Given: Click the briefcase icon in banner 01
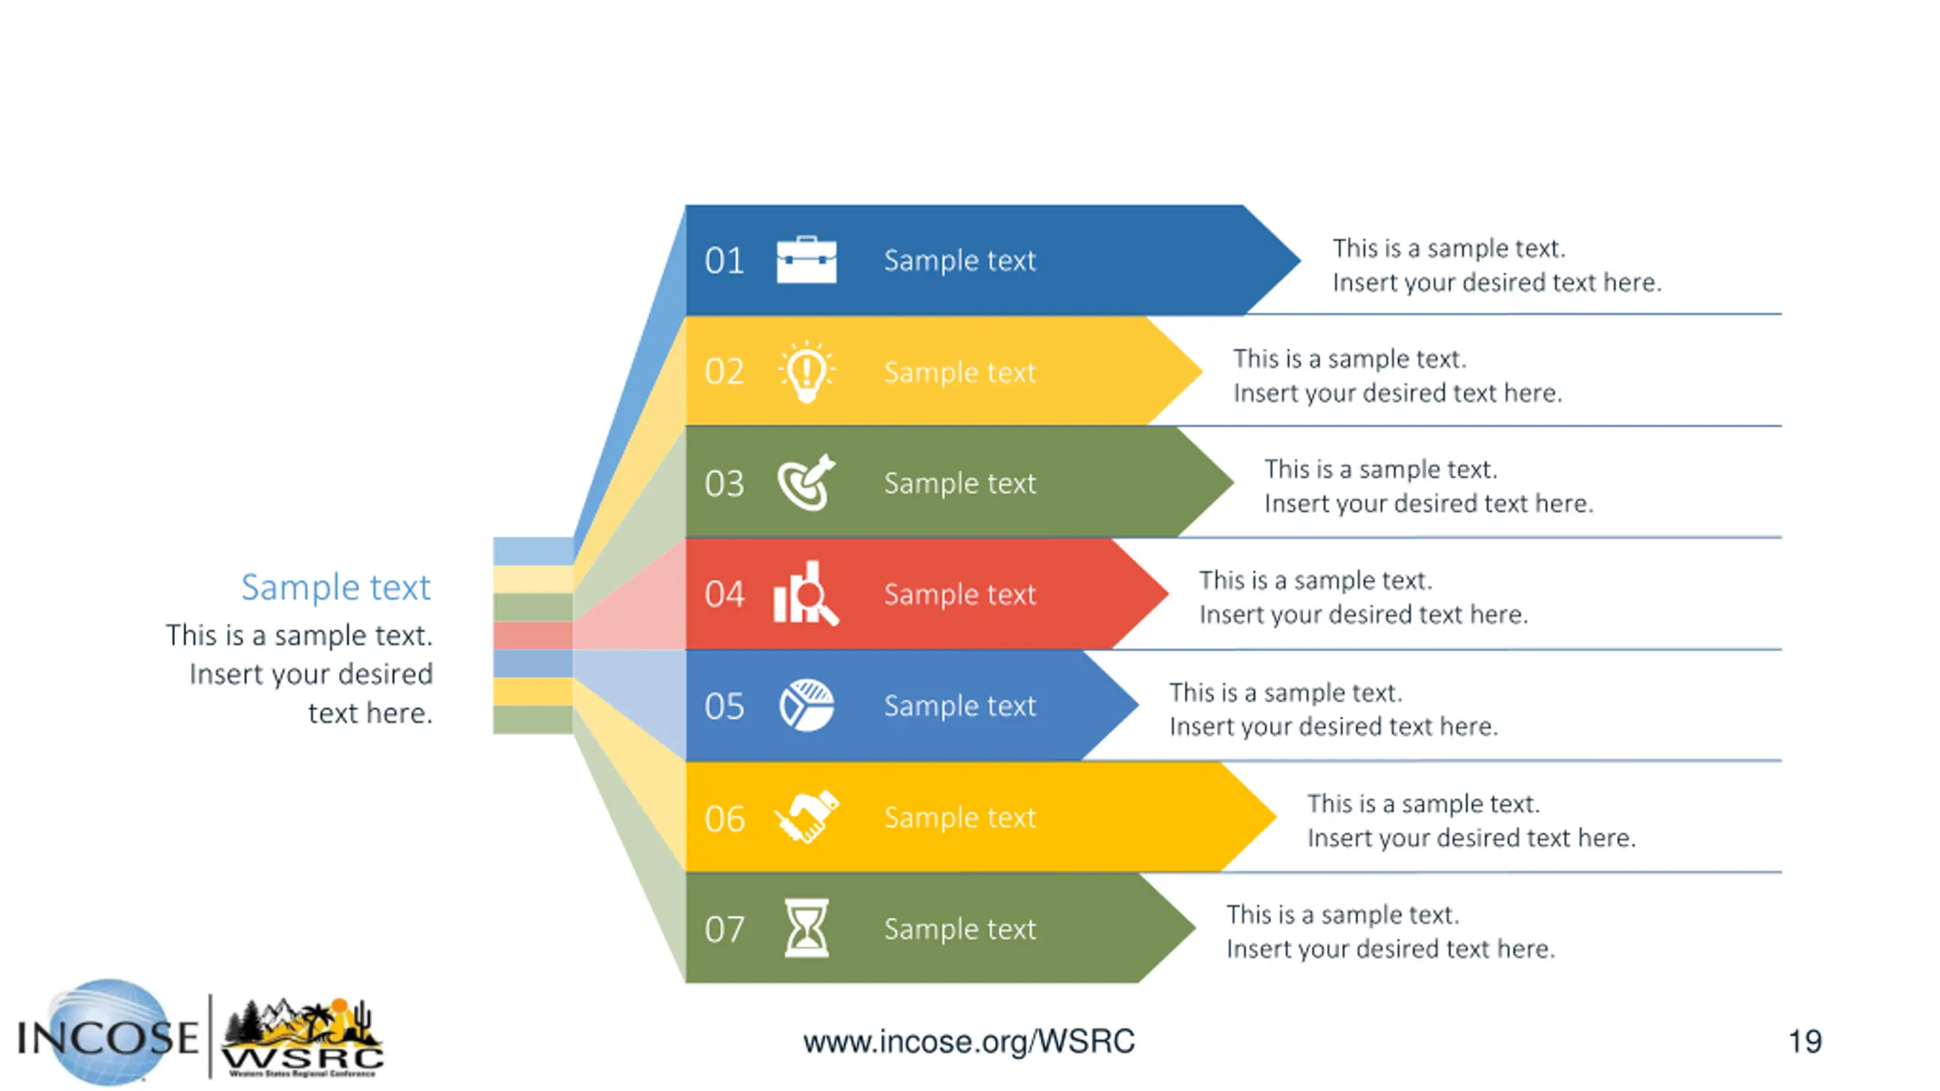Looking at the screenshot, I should click(806, 260).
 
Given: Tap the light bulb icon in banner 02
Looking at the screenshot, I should click(806, 372).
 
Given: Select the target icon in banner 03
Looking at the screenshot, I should click(806, 483).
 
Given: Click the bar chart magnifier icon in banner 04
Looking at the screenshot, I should click(806, 594).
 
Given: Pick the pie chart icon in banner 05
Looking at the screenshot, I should click(806, 705).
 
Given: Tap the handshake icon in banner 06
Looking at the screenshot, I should click(806, 817).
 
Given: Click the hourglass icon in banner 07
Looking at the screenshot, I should click(806, 928).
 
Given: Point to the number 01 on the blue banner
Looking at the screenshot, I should click(724, 261).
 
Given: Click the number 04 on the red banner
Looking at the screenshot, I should click(724, 594).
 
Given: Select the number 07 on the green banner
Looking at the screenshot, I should click(724, 930).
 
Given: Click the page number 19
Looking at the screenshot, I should click(1804, 1042).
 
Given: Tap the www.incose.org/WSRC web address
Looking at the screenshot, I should click(968, 1042).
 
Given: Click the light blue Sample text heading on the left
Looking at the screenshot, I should click(336, 588).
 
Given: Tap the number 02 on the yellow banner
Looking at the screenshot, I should click(724, 372).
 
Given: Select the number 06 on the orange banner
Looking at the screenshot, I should click(724, 819).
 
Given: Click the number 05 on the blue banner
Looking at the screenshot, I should click(724, 707).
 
